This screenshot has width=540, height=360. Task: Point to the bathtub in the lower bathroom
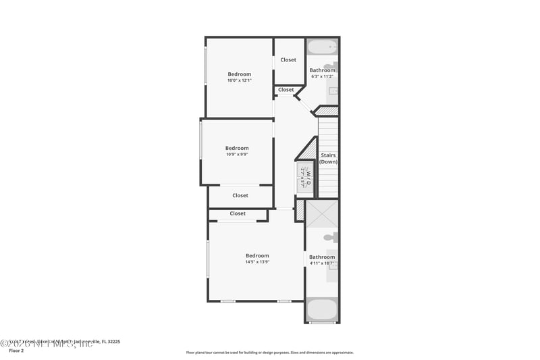click(x=322, y=310)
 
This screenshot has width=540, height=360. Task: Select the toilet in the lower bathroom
click(x=329, y=237)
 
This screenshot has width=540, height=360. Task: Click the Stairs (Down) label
click(x=328, y=159)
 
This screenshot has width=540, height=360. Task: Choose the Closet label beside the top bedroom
click(x=288, y=60)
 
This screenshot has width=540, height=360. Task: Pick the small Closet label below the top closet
click(x=286, y=90)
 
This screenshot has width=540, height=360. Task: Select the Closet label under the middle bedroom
click(x=240, y=196)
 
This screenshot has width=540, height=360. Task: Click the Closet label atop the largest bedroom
click(x=238, y=213)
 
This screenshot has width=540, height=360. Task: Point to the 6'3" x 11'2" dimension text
click(x=322, y=76)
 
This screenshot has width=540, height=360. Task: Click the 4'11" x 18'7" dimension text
click(x=322, y=263)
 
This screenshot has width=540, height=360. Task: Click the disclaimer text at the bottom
click(x=269, y=353)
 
